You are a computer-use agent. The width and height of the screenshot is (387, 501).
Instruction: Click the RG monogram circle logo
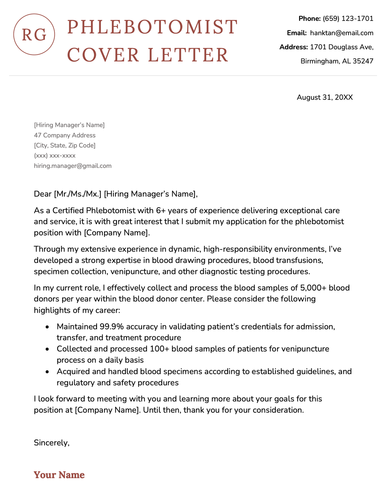(34, 35)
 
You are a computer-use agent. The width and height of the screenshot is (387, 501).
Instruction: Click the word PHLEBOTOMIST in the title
(153, 27)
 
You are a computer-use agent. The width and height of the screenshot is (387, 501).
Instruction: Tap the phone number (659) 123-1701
(348, 19)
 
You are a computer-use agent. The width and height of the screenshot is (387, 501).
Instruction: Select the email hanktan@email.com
(342, 33)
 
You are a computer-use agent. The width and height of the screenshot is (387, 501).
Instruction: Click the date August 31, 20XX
(325, 97)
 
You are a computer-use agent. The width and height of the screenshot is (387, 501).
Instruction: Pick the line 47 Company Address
(65, 135)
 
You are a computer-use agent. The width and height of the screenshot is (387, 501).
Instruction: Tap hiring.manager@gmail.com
(73, 166)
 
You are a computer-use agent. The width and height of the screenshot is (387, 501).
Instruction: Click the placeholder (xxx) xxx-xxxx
(55, 155)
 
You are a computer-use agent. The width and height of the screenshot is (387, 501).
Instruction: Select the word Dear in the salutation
(43, 194)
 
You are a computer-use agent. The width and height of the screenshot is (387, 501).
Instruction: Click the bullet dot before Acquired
(48, 372)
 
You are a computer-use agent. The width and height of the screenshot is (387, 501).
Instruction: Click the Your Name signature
(59, 475)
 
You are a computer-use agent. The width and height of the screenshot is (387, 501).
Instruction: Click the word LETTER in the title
(188, 55)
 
